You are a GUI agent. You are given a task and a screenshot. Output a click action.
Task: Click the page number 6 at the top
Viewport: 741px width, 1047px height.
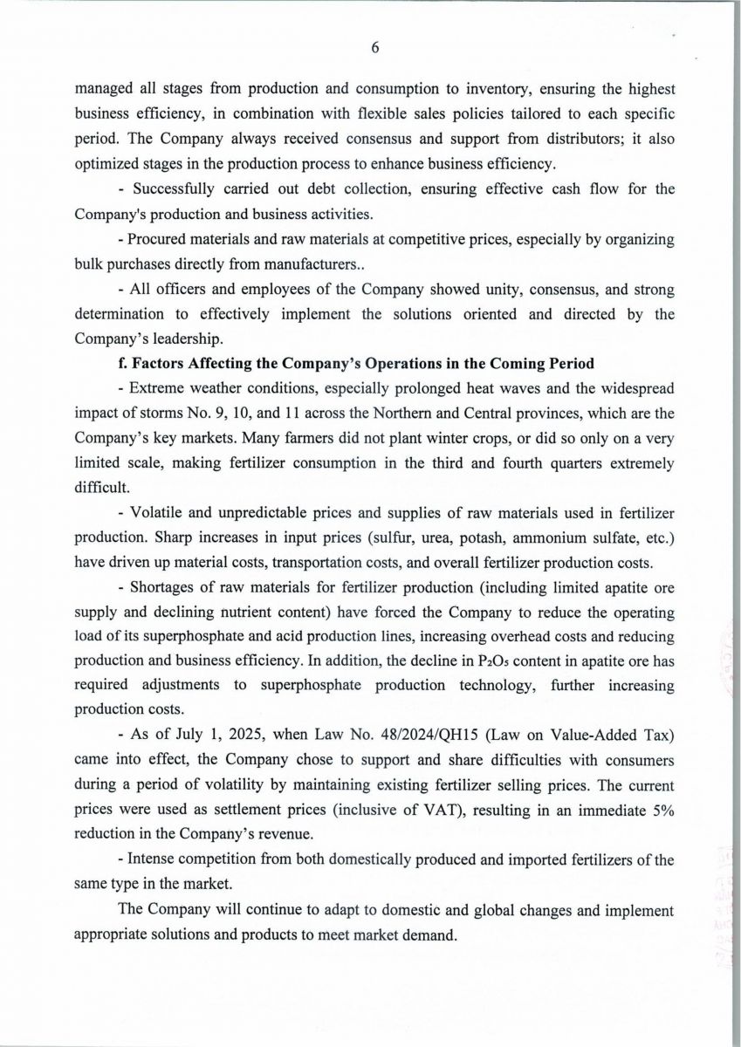(374, 48)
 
